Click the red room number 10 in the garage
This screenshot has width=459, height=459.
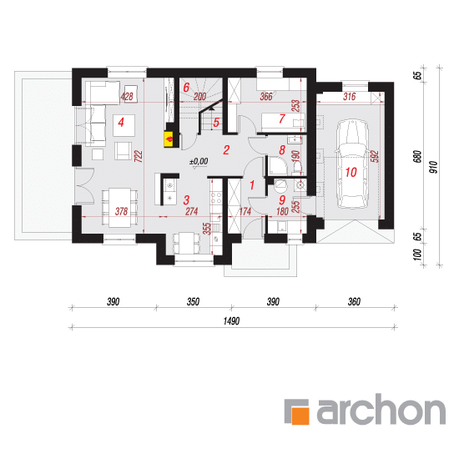tap(351, 172)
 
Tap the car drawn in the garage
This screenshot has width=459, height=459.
tap(351, 164)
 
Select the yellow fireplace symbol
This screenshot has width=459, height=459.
tap(169, 139)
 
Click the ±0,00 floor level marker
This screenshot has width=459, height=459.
tap(199, 162)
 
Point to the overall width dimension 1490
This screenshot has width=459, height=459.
tap(231, 321)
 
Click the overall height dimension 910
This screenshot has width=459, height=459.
tap(433, 167)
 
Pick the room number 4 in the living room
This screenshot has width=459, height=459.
tap(121, 122)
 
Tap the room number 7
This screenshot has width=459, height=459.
tap(281, 119)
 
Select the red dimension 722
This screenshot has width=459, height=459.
tap(139, 156)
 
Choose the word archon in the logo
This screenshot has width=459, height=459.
tap(381, 410)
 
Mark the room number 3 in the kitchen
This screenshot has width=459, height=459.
tap(186, 200)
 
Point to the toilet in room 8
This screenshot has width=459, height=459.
tap(297, 168)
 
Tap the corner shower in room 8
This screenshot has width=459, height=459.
tap(279, 166)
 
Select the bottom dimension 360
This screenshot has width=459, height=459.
tap(354, 302)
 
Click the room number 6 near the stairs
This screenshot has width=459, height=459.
tap(186, 88)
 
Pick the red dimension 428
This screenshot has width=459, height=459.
tap(127, 96)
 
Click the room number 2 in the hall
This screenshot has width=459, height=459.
tap(226, 150)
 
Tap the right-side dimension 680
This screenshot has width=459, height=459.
tap(417, 157)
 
